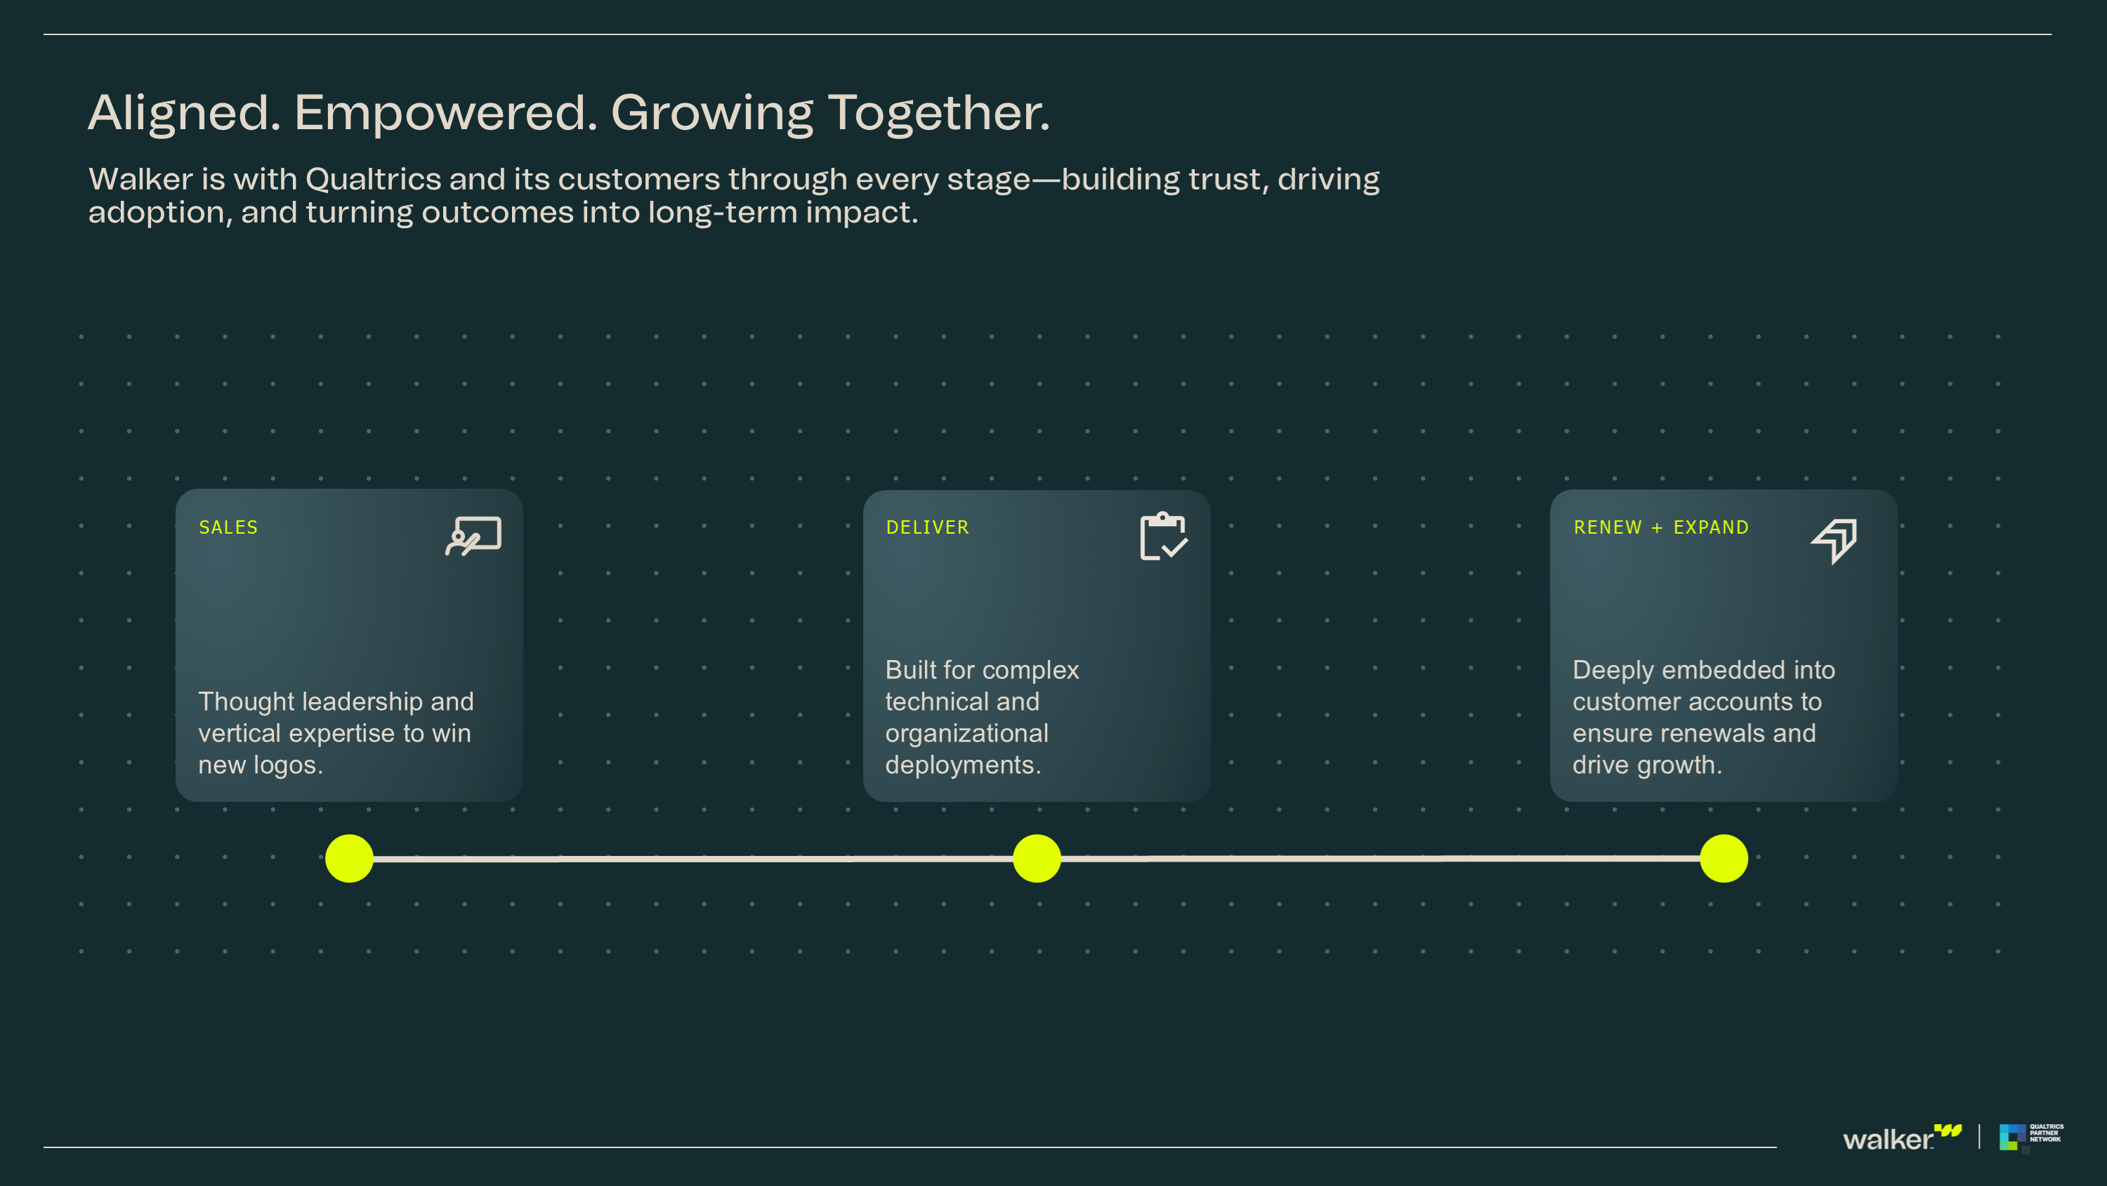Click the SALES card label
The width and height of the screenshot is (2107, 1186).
[228, 527]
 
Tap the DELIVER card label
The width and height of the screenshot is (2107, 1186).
[928, 527]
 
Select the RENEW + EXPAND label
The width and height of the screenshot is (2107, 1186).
[1661, 527]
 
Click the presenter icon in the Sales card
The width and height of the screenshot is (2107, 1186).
[473, 536]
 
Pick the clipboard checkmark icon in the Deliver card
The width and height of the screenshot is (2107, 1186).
[1163, 536]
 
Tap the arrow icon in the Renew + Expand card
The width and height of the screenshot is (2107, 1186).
[1834, 541]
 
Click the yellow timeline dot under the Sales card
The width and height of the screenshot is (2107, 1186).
[349, 858]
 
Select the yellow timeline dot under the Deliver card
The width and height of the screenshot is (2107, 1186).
[1037, 858]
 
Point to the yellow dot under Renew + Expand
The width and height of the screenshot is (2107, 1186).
[1724, 858]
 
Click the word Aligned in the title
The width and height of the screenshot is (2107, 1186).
[185, 113]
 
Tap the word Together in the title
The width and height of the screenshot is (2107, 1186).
[939, 113]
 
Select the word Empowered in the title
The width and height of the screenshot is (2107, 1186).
[446, 113]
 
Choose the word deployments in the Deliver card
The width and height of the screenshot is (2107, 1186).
[963, 765]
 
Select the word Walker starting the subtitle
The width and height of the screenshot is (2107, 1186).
[140, 179]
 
